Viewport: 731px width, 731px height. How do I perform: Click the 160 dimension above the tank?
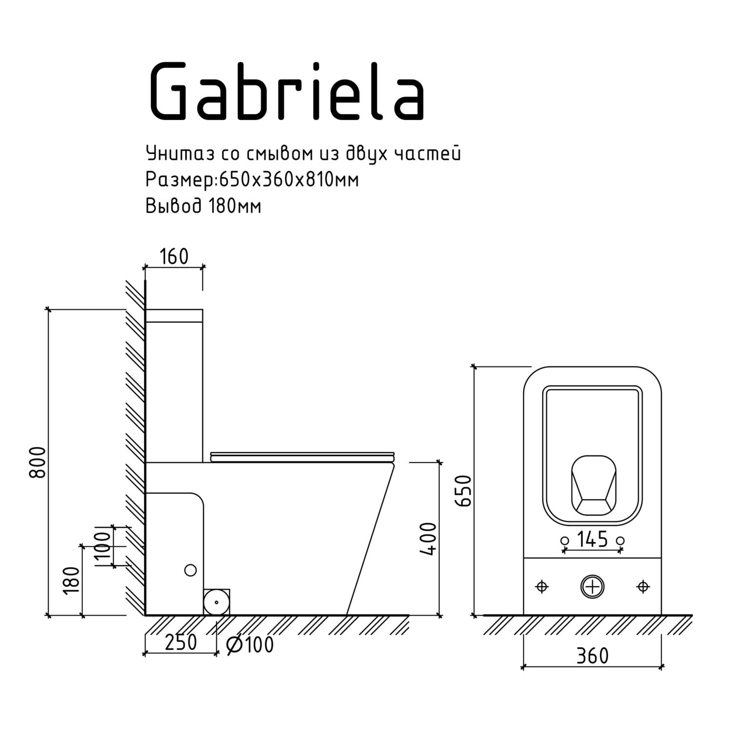pos(174,256)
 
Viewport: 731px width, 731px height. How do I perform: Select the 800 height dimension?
pos(38,462)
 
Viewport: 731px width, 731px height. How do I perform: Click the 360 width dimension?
pos(593,656)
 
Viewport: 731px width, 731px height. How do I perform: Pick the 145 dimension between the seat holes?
pos(593,539)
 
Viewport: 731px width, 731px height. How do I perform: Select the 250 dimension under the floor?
pos(180,643)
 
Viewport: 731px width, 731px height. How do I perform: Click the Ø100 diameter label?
pos(251,645)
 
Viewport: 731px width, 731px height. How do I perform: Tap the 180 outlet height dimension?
pos(72,580)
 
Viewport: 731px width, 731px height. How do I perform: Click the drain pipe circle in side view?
pos(216,602)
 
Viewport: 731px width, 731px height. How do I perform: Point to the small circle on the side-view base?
pos(190,570)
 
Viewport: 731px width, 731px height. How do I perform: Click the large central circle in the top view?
pos(592,587)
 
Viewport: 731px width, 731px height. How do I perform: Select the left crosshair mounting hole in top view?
pos(542,587)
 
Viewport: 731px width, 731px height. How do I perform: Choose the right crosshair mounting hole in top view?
pos(643,587)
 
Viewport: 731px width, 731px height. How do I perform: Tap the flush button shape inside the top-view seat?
pos(593,486)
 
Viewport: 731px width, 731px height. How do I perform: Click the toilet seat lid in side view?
pos(302,456)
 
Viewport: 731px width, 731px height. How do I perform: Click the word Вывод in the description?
pos(173,206)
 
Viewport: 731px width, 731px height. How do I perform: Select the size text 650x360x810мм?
pos(289,180)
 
